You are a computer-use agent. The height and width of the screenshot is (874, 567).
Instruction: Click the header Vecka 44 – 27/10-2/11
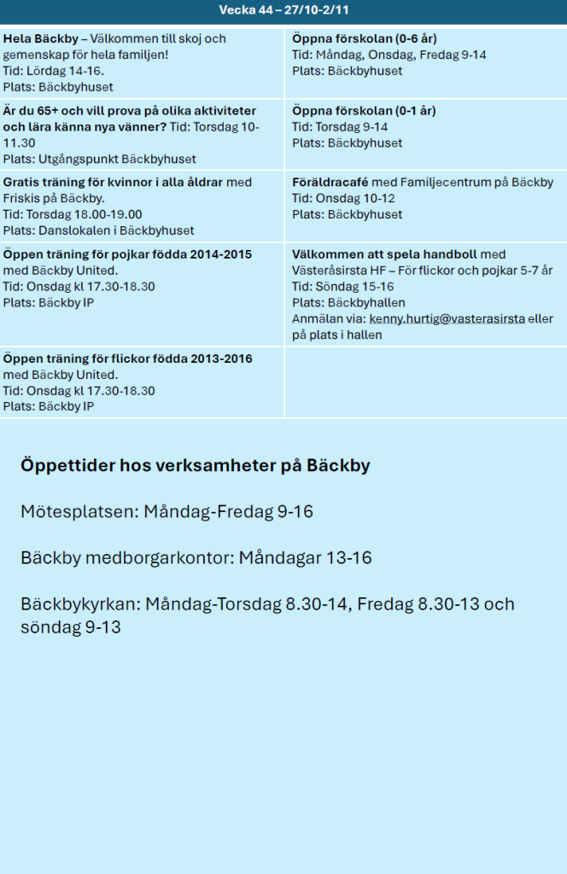coord(283,10)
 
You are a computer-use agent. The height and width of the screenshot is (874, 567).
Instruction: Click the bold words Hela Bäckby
coord(40,39)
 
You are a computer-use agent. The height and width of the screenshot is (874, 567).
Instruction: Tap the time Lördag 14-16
coord(67,71)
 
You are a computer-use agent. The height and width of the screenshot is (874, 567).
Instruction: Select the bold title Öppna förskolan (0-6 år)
coord(365,39)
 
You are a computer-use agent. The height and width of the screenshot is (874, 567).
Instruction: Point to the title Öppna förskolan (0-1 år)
coord(364,111)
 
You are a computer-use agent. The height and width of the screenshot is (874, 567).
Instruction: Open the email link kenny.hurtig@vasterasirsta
coord(447,318)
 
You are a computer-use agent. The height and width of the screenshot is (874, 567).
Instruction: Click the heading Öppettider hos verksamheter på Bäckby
coord(195,466)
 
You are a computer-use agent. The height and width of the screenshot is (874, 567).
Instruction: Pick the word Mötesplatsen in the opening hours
coord(78,512)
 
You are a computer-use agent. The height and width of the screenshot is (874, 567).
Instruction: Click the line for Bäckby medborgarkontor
coord(196,558)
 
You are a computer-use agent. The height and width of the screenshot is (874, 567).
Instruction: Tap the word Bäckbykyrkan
coord(80,604)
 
